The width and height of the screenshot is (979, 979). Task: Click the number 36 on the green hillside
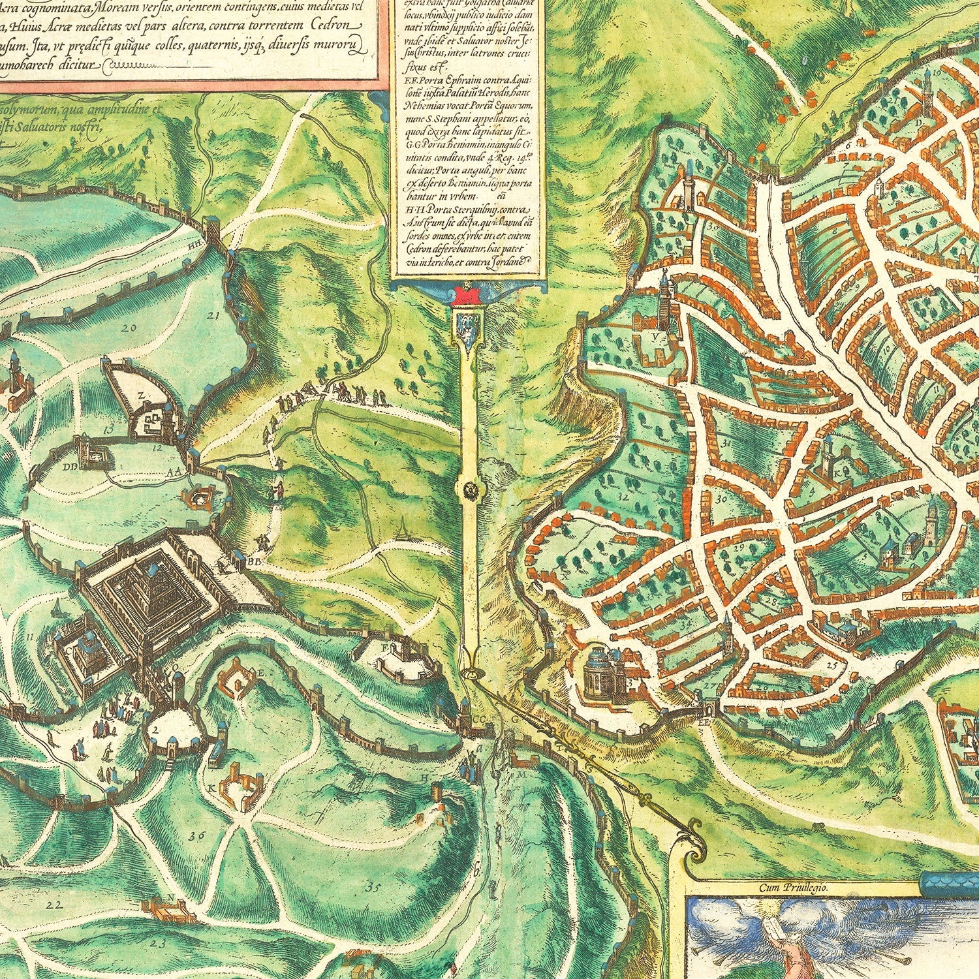(x=193, y=835)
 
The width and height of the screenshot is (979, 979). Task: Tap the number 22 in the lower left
(x=55, y=905)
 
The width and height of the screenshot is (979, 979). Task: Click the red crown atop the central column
(x=467, y=294)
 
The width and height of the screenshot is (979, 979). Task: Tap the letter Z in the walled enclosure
(x=141, y=395)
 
